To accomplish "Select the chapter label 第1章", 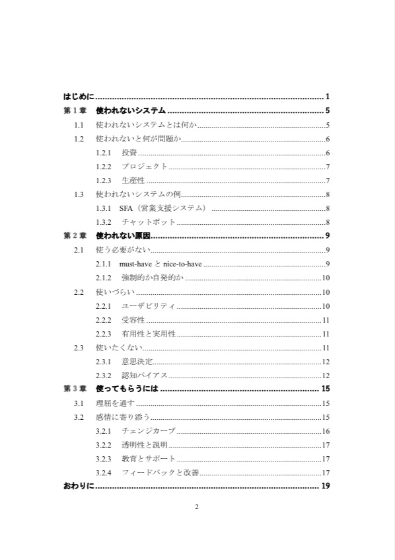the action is [75, 110].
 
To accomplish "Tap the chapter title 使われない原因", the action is [124, 235].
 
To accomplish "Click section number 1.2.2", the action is [104, 167].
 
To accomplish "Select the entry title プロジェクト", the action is [145, 167].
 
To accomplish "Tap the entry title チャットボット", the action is [149, 222].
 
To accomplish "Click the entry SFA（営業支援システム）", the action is [163, 208].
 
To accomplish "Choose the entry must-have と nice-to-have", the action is [161, 264].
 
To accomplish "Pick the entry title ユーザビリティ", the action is [149, 305].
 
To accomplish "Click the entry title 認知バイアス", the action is [145, 375].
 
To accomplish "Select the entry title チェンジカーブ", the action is [149, 430].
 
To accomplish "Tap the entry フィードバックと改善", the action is [161, 472].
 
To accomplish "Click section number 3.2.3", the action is [104, 458].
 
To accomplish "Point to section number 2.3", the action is [79, 347].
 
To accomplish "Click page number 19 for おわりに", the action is [325, 487].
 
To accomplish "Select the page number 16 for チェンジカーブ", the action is [326, 430].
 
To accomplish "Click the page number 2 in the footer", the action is [197, 507].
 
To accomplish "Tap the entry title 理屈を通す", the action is [115, 403].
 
